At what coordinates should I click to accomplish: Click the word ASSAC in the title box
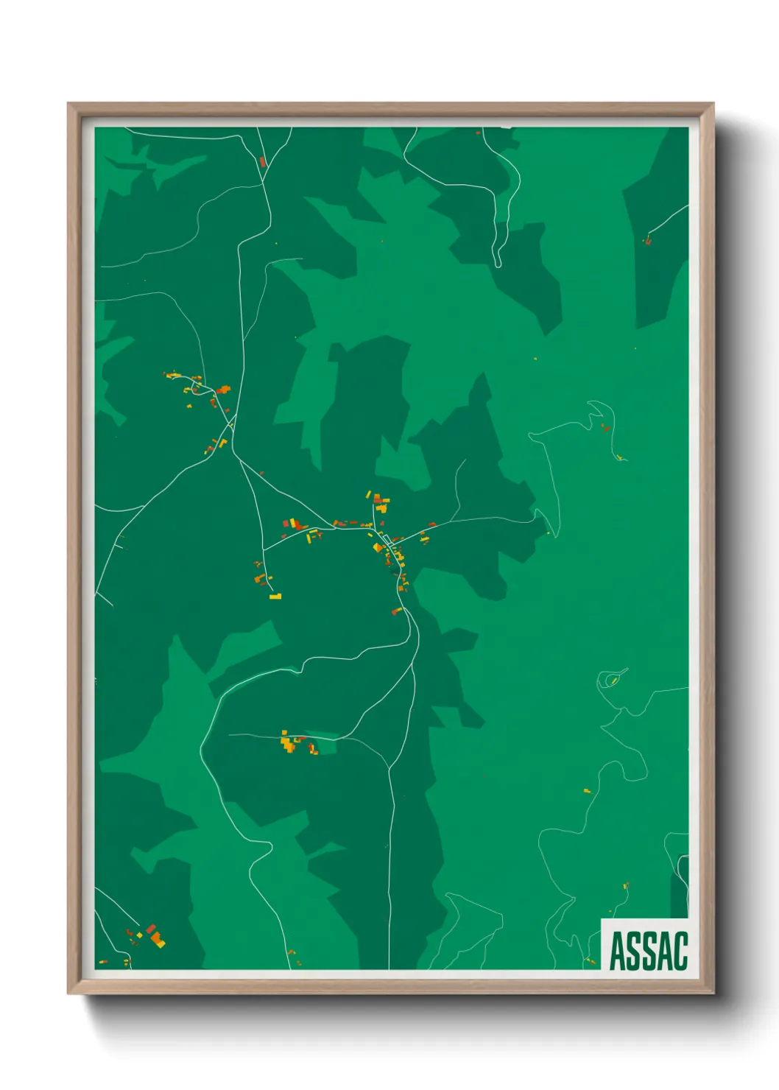(x=648, y=951)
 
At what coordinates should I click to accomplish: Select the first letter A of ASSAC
(x=617, y=951)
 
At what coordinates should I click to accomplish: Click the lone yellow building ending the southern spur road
(x=275, y=596)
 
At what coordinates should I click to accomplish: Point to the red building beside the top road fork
(x=262, y=161)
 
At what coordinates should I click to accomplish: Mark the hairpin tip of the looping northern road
(x=498, y=264)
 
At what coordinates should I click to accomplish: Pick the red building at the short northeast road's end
(x=648, y=239)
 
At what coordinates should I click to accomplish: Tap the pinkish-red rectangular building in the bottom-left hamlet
(x=150, y=929)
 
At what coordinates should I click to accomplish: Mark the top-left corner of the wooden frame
(x=68, y=105)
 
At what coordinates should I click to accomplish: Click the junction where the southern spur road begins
(x=264, y=550)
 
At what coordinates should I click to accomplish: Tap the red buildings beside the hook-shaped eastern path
(x=605, y=427)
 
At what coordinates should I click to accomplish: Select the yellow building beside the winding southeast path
(x=587, y=791)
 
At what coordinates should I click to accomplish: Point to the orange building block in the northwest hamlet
(x=222, y=390)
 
